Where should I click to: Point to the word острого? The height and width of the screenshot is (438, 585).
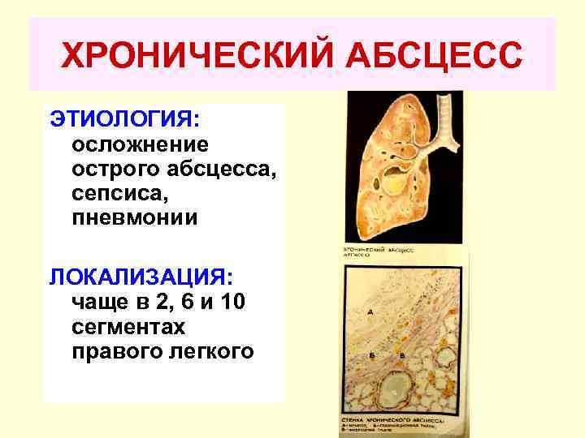point(115,170)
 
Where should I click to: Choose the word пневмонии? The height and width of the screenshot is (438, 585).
point(134,220)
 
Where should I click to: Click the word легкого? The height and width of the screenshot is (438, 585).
point(208,352)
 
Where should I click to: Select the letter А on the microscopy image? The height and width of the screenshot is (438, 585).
point(370,312)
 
